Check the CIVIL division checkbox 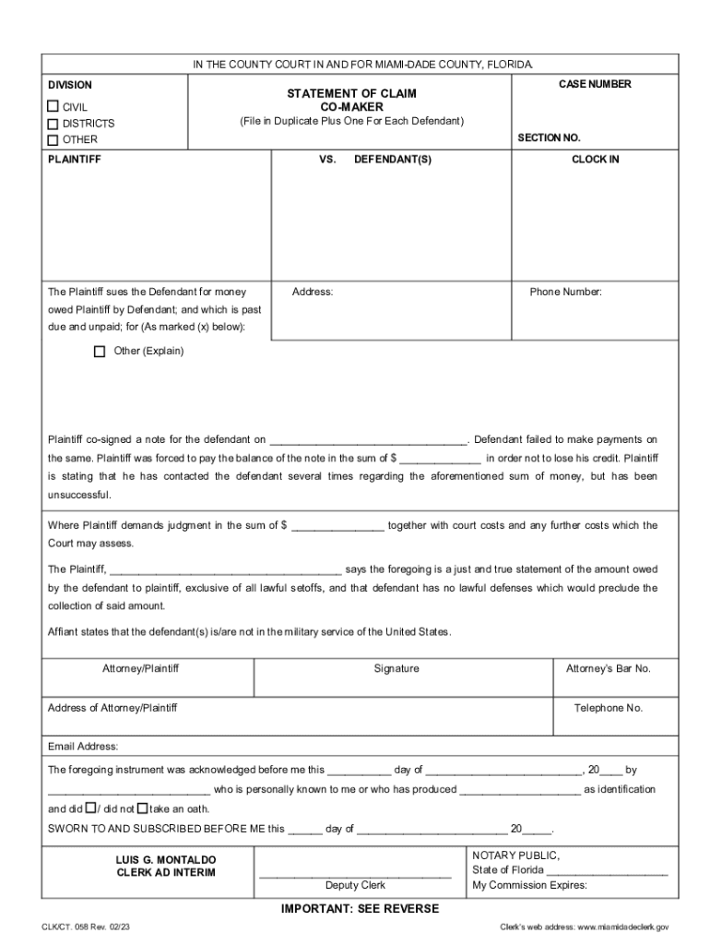(x=53, y=107)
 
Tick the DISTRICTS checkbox (x=53, y=124)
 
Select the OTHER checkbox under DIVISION (x=53, y=140)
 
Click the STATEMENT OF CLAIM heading (x=351, y=93)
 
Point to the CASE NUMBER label (x=595, y=84)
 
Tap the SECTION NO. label (x=549, y=138)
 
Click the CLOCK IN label (x=595, y=160)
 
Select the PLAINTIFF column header (x=75, y=160)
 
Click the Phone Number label (x=565, y=292)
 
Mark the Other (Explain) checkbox (x=100, y=352)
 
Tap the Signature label (x=396, y=668)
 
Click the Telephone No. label (x=609, y=708)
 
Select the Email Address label (x=83, y=746)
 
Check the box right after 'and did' (x=90, y=807)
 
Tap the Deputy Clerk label (x=355, y=885)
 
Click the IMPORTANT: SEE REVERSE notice (x=360, y=909)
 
